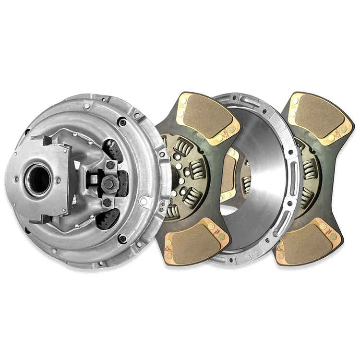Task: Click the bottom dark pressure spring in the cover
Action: (107, 218)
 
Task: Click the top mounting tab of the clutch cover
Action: (87, 105)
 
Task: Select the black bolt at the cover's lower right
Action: (122, 238)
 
